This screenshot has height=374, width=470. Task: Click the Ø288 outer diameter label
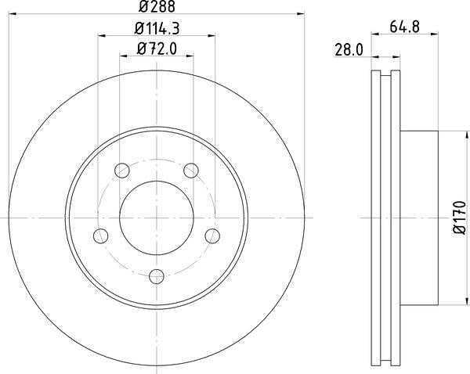pos(156,8)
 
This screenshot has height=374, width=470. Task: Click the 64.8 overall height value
pos(405,28)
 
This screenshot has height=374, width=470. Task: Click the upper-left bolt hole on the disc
pos(121,170)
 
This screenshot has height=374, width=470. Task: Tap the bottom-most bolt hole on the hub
pos(156,275)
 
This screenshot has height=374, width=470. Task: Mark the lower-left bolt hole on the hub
pos(99,235)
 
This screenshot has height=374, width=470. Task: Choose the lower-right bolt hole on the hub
pos(212,235)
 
